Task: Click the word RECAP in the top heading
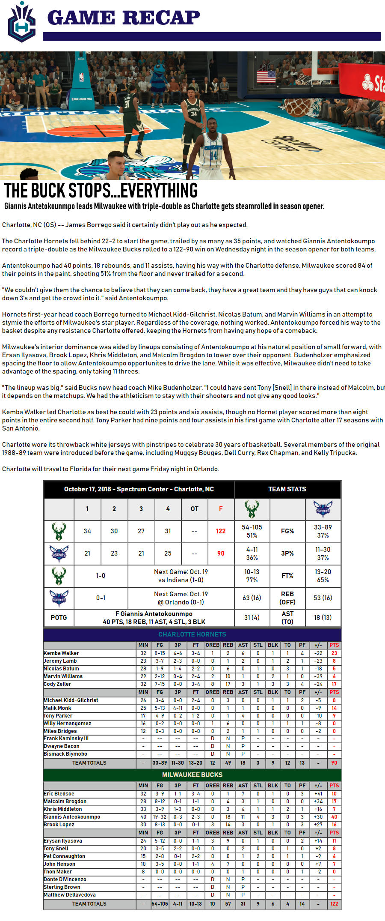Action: point(161,18)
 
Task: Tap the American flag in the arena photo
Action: point(266,77)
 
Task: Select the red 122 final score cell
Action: point(221,531)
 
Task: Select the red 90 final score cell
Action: point(221,553)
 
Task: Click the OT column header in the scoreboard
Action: point(195,509)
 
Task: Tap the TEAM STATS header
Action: point(287,489)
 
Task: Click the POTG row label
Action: point(59,618)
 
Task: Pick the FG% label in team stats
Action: point(287,531)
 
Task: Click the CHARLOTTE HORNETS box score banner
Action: point(192,634)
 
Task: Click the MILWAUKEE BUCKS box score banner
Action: point(192,775)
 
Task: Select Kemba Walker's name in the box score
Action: point(62,653)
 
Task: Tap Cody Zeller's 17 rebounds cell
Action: point(228,684)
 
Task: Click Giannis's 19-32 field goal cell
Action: point(160,817)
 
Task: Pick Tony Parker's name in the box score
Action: point(58,716)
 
